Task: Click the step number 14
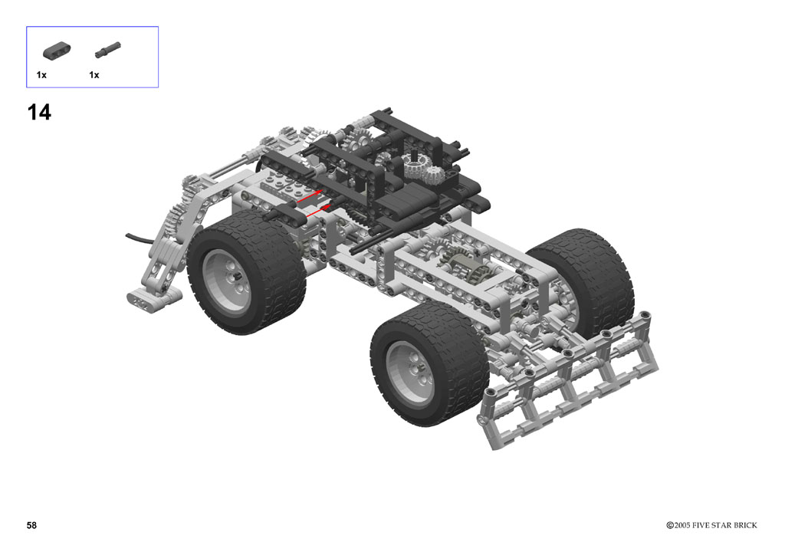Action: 39,112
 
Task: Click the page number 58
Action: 31,525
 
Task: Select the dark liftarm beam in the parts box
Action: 57,50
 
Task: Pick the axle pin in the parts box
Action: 107,50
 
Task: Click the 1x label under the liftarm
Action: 41,75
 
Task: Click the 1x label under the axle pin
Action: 94,75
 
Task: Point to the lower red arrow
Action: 317,211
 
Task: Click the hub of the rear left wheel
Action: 228,278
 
